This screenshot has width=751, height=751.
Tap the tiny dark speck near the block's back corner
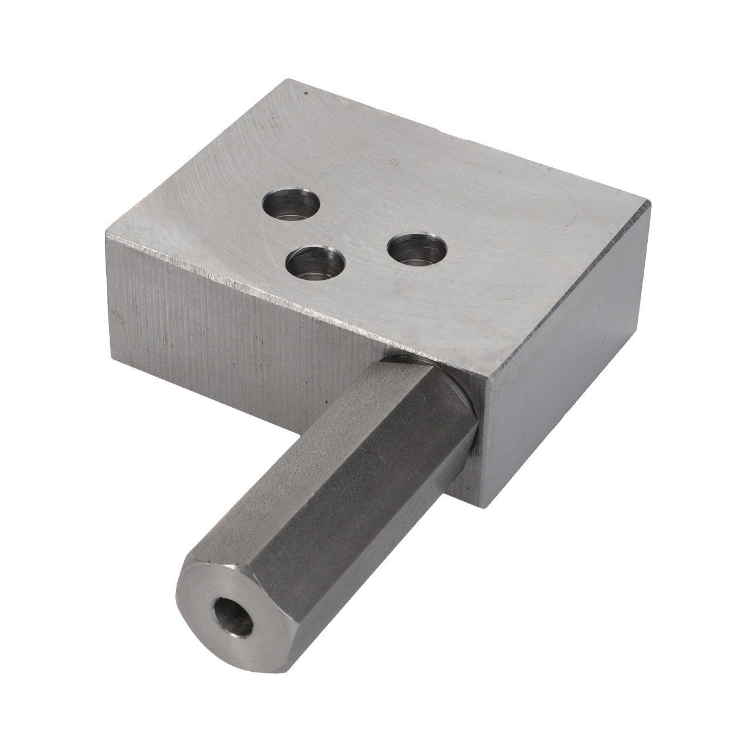pyautogui.click(x=305, y=93)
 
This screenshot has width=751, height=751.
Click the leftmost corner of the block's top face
pyautogui.click(x=106, y=235)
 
